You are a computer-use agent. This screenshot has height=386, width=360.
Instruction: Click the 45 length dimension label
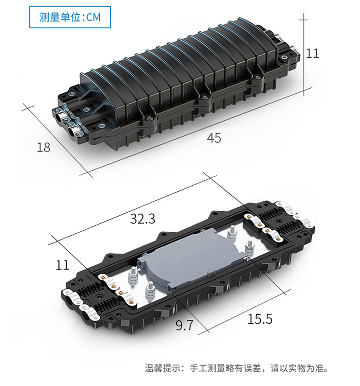[x=214, y=138]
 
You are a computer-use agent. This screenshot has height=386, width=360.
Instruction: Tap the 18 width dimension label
[x=43, y=147]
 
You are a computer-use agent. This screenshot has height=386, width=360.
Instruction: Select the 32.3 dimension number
[x=143, y=218]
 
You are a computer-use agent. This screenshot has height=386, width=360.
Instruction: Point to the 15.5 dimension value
[x=260, y=319]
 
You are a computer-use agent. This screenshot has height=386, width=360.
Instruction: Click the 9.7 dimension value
[x=185, y=325]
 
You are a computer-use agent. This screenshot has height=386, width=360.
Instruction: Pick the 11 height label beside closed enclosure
[x=312, y=53]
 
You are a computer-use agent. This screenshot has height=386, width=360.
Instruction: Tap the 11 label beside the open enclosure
[x=62, y=265]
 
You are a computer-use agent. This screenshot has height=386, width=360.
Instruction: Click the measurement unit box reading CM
[x=70, y=17]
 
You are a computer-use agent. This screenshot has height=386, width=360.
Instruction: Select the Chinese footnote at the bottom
[x=237, y=368]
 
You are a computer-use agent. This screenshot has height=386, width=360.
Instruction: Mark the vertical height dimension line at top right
[x=303, y=54]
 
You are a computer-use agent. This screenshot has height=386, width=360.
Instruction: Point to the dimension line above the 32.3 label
[x=132, y=210]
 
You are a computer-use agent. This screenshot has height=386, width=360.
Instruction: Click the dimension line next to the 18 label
[x=57, y=141]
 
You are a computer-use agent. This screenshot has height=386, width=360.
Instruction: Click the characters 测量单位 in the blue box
[x=60, y=17]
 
